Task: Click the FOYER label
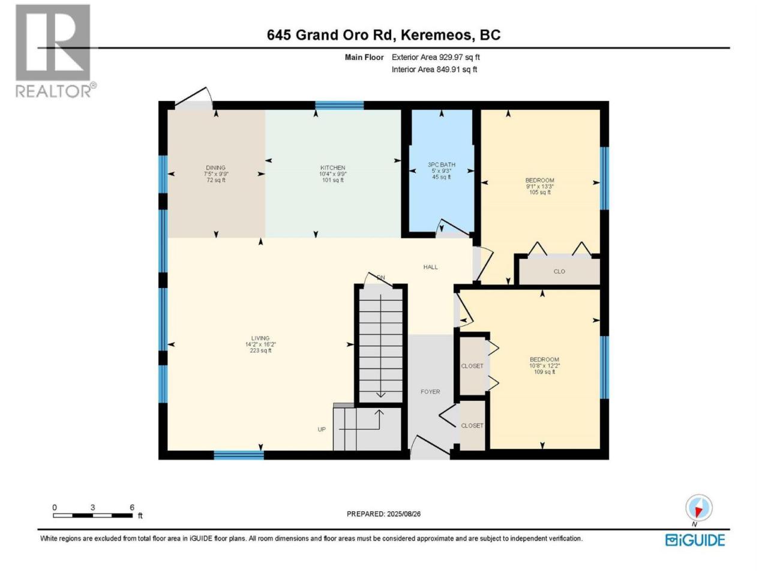point(430,392)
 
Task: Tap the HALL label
point(430,267)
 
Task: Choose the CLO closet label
point(559,271)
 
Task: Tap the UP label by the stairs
point(322,430)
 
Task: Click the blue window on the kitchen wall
point(339,105)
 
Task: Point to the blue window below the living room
point(239,455)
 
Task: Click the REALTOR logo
point(55,51)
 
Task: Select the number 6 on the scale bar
point(132,508)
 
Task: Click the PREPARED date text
point(383,514)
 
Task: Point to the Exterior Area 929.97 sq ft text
point(436,58)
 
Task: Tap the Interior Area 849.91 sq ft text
point(434,70)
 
